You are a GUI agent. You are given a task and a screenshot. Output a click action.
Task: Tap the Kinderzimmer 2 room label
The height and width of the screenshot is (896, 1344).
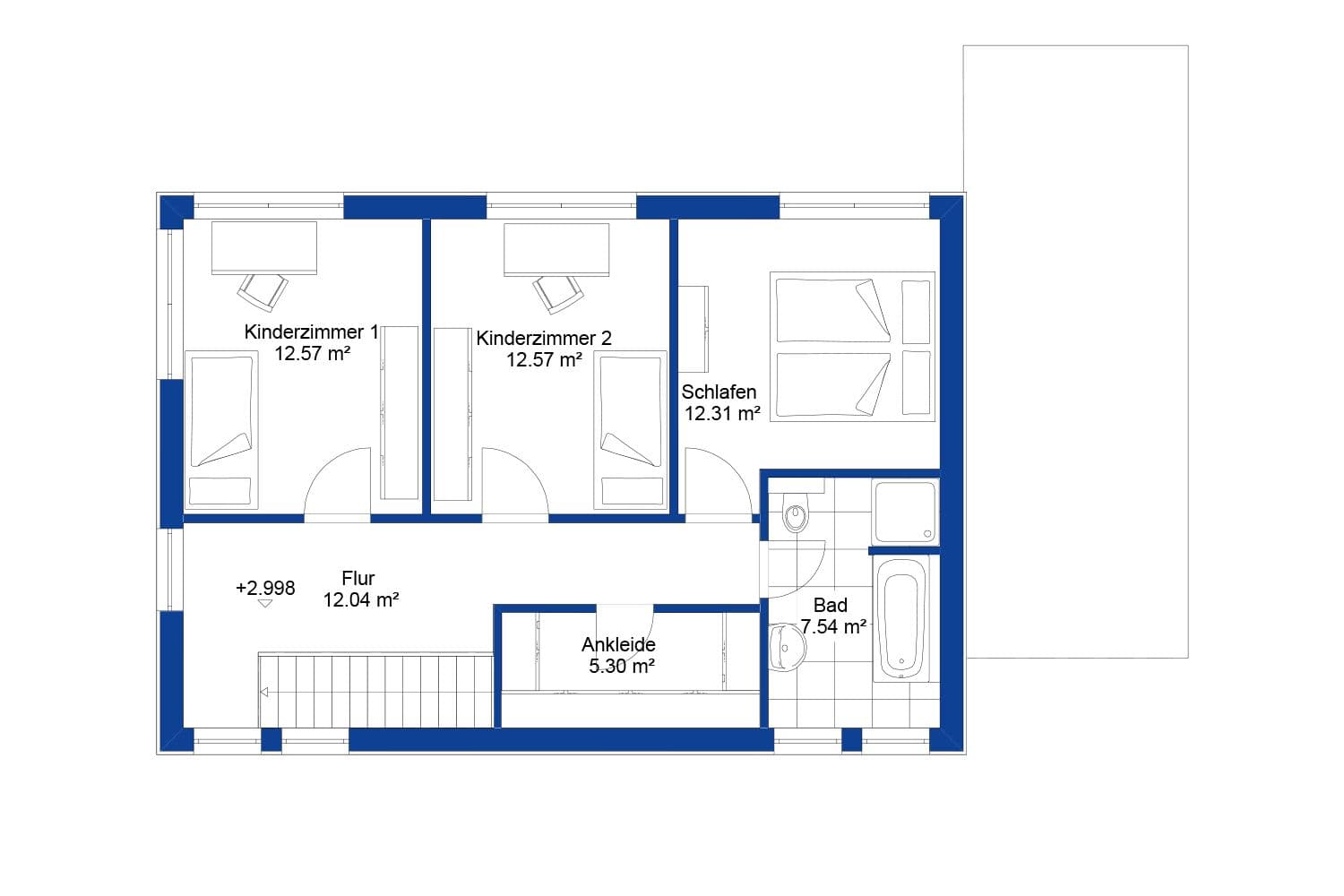(x=543, y=339)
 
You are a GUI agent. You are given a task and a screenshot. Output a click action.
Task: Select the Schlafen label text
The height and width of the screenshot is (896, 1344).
(x=719, y=392)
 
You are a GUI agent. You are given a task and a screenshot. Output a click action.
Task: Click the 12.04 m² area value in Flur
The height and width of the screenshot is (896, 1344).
(x=360, y=600)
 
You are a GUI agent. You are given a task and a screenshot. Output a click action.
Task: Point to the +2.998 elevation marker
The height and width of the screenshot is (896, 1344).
(x=265, y=589)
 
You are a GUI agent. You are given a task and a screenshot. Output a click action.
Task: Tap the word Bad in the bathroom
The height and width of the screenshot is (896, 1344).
(x=830, y=606)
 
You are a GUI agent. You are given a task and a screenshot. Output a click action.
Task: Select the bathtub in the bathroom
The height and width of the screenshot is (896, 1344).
(x=901, y=618)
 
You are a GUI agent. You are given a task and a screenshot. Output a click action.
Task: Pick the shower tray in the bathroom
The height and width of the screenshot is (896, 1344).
(x=905, y=512)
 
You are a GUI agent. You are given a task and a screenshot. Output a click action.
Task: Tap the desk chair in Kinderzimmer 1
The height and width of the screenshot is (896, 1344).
(x=263, y=291)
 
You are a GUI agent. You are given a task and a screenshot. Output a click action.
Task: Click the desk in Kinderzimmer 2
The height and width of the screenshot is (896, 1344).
(x=556, y=249)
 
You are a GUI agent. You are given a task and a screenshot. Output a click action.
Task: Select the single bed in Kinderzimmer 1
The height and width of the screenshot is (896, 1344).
(x=220, y=430)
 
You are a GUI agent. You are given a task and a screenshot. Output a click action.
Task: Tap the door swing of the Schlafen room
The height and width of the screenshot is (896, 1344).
(x=718, y=485)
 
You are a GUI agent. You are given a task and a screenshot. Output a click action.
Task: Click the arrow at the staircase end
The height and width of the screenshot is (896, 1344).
(x=264, y=692)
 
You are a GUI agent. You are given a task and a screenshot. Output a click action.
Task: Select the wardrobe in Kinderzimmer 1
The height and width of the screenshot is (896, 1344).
(x=400, y=412)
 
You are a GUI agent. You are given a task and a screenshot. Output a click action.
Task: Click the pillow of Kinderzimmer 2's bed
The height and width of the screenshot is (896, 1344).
(x=633, y=490)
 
